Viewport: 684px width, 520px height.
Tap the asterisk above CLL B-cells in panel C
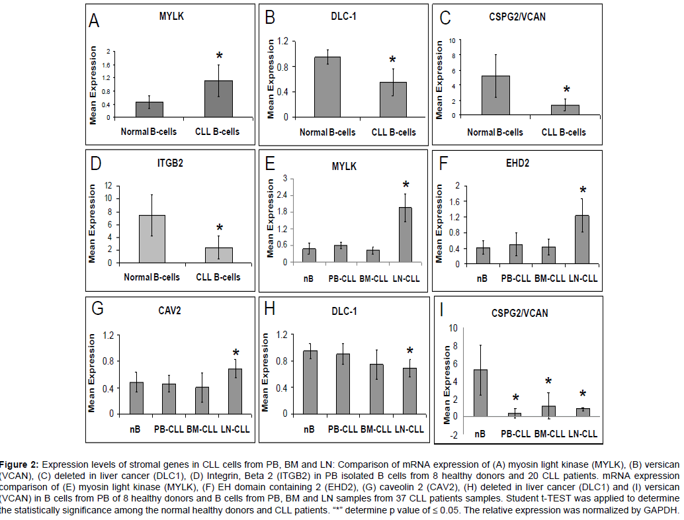(566, 90)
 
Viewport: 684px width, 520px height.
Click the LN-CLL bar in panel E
(405, 234)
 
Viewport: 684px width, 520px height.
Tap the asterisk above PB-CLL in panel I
(515, 398)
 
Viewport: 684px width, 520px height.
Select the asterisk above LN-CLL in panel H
(410, 351)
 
